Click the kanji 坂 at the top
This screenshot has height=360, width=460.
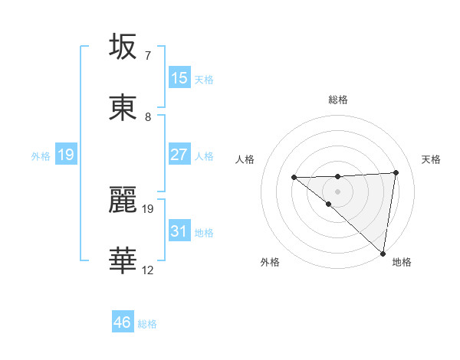click(124, 47)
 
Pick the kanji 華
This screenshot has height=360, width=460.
click(124, 260)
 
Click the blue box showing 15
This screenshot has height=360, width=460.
click(179, 77)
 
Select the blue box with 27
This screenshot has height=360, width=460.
click(179, 154)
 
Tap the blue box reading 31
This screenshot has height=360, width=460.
click(179, 231)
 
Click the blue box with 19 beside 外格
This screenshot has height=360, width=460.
click(66, 155)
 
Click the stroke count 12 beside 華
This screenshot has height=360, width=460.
click(147, 270)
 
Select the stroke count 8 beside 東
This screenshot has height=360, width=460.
click(147, 116)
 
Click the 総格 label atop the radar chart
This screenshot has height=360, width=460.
click(338, 100)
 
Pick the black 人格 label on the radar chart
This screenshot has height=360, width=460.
click(245, 159)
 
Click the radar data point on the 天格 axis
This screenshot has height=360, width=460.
click(396, 172)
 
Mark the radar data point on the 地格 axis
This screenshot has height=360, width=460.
click(383, 254)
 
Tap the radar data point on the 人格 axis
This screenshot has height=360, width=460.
click(294, 178)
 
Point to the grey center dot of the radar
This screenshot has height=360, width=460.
click(338, 191)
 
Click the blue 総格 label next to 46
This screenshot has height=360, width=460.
click(147, 324)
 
